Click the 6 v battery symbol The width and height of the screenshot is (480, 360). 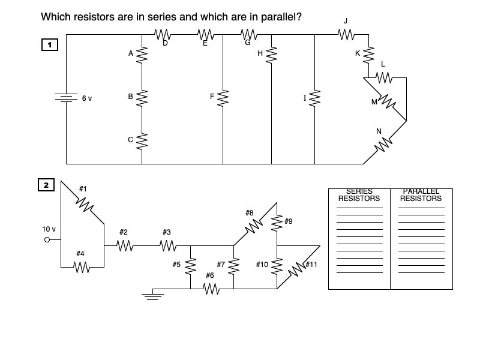[x=66, y=98]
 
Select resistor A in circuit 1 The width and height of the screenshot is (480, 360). [x=142, y=55]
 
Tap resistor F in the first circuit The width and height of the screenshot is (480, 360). [x=223, y=98]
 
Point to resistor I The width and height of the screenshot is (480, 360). [x=314, y=98]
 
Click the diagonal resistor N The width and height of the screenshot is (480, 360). [x=384, y=143]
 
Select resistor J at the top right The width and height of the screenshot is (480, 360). [x=346, y=35]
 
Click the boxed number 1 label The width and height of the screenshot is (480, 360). [x=49, y=44]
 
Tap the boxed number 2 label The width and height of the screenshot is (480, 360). [x=46, y=185]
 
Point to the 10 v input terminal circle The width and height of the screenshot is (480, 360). [x=47, y=240]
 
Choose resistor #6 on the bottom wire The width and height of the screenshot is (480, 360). [x=211, y=289]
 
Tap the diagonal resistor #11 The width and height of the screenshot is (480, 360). [x=298, y=268]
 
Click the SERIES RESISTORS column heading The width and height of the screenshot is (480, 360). [x=359, y=195]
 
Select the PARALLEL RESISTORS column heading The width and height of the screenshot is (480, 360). [x=421, y=195]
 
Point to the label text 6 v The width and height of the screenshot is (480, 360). [x=87, y=98]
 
